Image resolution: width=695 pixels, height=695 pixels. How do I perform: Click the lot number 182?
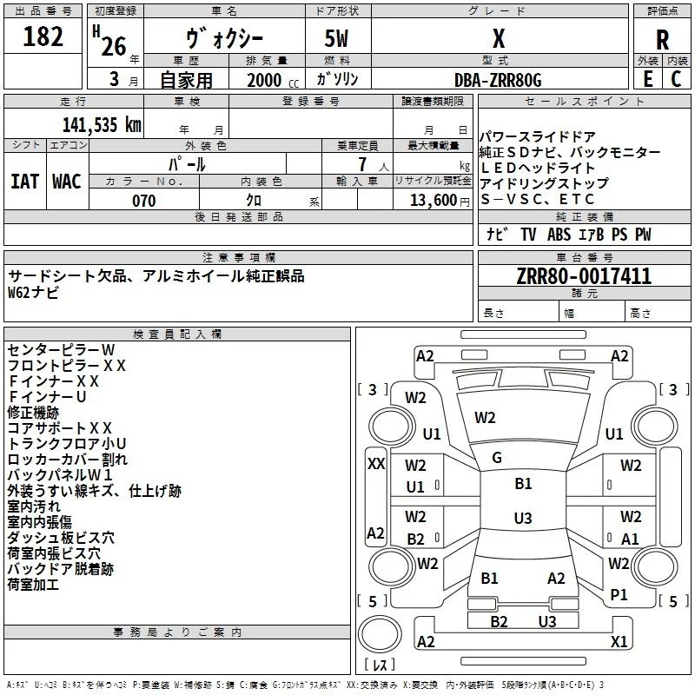(x=43, y=36)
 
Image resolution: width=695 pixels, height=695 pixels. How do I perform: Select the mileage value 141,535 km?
(x=102, y=125)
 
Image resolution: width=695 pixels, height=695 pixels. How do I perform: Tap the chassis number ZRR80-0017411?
(x=584, y=276)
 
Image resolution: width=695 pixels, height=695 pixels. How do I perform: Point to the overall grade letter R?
(x=662, y=40)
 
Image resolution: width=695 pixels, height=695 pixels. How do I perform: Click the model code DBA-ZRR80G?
(x=498, y=80)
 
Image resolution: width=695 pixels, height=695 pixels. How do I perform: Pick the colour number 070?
(x=144, y=201)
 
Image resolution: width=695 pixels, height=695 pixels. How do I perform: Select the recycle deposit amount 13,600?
(x=433, y=201)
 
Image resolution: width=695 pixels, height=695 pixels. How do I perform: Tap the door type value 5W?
(x=336, y=38)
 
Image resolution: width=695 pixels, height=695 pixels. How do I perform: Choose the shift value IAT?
(x=24, y=182)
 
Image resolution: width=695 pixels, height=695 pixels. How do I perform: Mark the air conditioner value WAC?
(x=67, y=182)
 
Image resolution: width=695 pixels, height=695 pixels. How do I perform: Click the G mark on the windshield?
(x=497, y=458)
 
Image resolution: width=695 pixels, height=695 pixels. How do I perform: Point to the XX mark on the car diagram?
(x=376, y=464)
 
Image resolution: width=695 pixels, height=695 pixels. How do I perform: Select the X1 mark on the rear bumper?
(x=619, y=641)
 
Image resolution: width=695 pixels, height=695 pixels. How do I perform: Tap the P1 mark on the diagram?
(x=619, y=594)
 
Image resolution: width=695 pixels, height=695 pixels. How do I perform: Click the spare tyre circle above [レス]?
(x=380, y=634)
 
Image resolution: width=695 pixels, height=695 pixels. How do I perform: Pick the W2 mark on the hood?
(x=485, y=418)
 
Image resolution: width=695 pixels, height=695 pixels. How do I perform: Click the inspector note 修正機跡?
(x=33, y=413)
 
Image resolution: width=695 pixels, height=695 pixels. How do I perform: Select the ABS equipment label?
(x=559, y=235)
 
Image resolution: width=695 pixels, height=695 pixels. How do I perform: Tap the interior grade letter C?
(x=676, y=79)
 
